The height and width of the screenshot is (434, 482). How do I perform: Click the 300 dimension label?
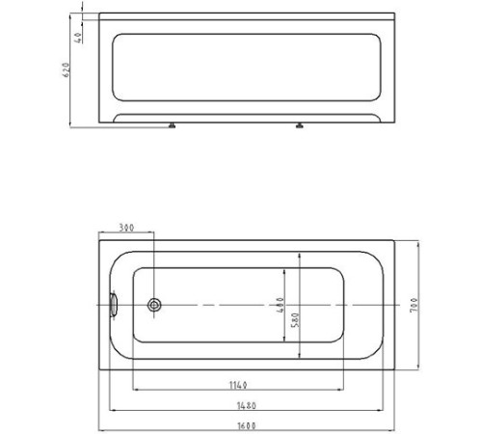pyautogui.click(x=125, y=228)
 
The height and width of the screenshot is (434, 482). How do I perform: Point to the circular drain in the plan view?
pyautogui.click(x=154, y=306)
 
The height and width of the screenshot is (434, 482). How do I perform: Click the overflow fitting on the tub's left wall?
pyautogui.click(x=114, y=306)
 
